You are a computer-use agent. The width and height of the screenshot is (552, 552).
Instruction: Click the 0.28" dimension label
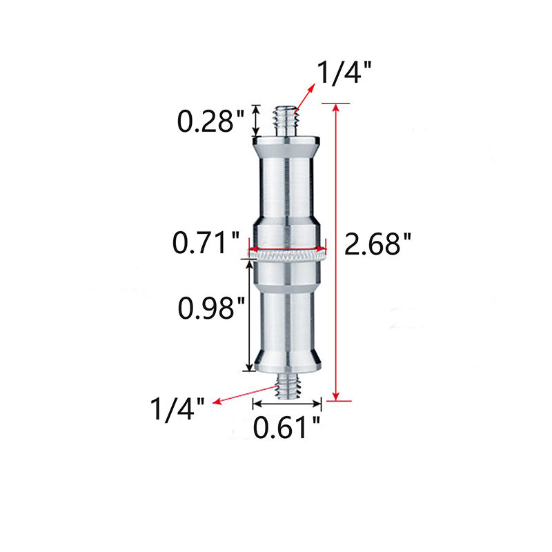point(210,121)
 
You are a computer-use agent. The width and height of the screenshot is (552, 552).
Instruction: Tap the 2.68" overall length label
point(377,244)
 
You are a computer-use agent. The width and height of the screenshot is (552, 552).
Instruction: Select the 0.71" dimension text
point(206,243)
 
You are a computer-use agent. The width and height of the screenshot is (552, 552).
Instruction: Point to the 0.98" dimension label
point(211,308)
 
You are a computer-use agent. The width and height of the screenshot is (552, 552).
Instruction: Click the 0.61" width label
point(286,427)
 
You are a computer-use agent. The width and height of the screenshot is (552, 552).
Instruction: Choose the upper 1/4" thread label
point(344,72)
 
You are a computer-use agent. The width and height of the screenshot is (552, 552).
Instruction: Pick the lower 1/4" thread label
point(177,409)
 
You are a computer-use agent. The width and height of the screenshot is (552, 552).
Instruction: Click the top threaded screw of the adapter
point(286,121)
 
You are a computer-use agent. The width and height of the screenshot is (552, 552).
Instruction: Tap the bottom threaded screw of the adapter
point(288,386)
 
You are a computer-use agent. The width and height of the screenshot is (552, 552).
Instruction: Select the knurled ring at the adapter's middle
point(287,256)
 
